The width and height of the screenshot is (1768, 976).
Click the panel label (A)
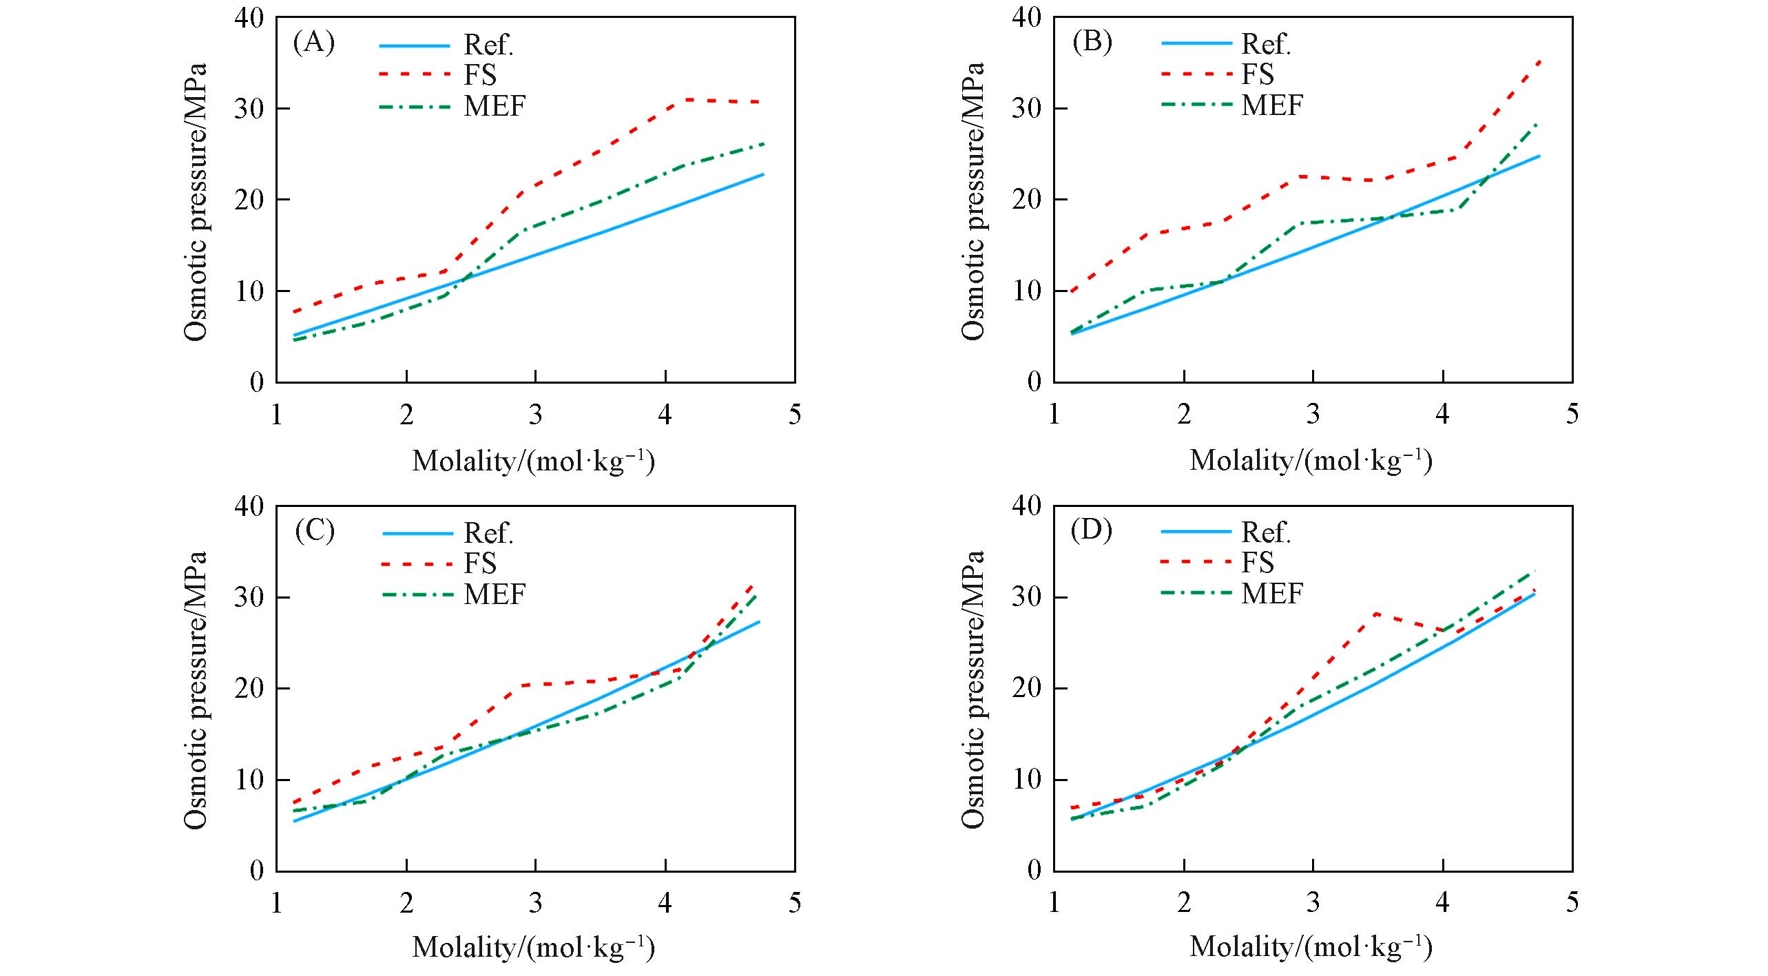[314, 43]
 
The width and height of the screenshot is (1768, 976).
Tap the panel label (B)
[1092, 43]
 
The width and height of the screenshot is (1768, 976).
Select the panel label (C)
[314, 531]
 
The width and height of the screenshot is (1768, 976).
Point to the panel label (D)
[1092, 531]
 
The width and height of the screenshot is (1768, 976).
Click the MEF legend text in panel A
[495, 106]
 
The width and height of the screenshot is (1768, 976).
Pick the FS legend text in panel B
[1258, 74]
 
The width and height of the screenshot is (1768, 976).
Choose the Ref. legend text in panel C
[489, 532]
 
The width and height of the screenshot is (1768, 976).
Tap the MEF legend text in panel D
[1272, 594]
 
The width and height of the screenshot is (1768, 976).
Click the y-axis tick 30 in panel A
[249, 109]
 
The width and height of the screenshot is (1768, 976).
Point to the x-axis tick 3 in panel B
[1313, 415]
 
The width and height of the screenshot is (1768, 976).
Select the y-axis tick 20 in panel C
[249, 689]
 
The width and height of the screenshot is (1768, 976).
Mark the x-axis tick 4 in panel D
[1442, 902]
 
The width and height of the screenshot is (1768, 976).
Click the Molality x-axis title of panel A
[533, 460]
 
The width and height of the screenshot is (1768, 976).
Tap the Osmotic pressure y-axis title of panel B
[973, 201]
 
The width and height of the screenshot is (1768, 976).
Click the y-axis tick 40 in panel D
[1026, 506]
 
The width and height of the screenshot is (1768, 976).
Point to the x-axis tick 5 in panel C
[795, 902]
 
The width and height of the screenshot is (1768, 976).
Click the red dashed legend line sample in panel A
[414, 74]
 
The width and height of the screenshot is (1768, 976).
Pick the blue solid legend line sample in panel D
[1196, 532]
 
